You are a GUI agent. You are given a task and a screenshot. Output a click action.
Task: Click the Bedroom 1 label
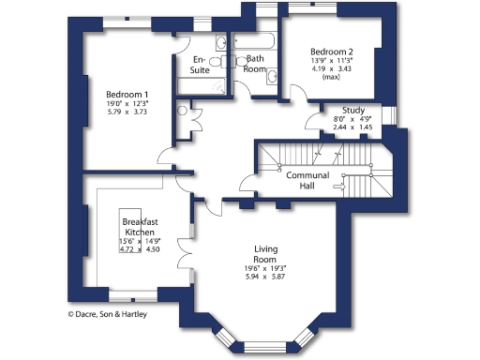tap(126, 95)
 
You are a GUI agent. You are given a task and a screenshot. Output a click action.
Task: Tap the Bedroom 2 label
tap(333, 52)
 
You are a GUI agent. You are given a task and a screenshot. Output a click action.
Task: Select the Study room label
tap(353, 111)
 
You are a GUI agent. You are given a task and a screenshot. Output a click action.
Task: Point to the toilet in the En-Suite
tap(215, 61)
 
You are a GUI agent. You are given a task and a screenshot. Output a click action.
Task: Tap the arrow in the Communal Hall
tap(341, 187)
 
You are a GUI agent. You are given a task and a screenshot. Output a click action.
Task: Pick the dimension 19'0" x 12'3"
tap(126, 104)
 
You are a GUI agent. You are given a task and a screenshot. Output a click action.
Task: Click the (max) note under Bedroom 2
tap(331, 78)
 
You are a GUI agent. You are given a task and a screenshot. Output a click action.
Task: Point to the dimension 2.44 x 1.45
tap(353, 127)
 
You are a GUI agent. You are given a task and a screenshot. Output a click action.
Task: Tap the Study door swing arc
tap(315, 120)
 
